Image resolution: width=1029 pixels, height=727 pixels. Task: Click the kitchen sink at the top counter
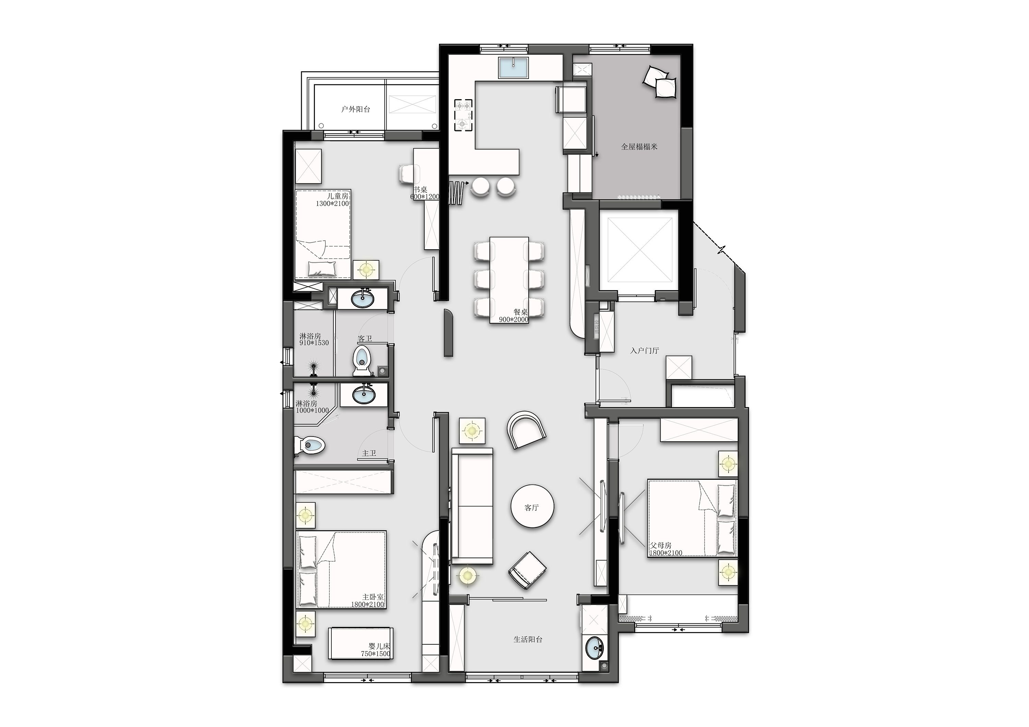pos(513,68)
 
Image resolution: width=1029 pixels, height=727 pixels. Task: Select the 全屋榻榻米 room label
pos(639,146)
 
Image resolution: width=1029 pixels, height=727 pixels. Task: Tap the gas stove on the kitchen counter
pos(464,115)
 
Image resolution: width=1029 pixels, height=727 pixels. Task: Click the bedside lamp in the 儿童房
pos(366,270)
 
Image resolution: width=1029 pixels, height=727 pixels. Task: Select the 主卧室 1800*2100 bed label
pos(367,601)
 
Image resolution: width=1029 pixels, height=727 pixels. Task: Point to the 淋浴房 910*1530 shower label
pos(314,339)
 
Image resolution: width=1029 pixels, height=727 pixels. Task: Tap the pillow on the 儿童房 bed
pos(322,269)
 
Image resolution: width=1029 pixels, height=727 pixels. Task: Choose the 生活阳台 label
pos(528,640)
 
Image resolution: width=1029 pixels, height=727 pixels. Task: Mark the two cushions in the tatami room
pos(660,82)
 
